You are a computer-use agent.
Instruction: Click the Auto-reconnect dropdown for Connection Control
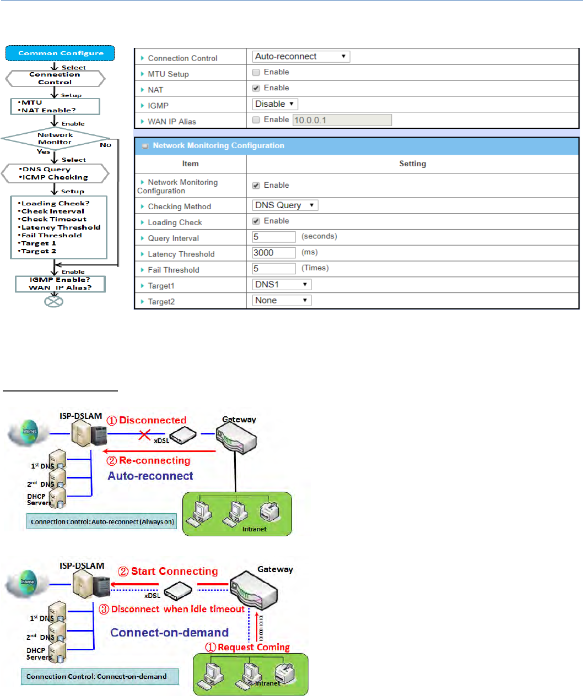pos(301,57)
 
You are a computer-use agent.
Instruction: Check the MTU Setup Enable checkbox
pos(256,72)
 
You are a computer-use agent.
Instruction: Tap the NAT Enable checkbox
pos(256,88)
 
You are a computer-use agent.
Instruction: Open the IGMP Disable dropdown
pos(275,104)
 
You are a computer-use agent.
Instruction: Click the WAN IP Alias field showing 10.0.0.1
pos(342,120)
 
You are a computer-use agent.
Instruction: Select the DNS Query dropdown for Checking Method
pos(285,205)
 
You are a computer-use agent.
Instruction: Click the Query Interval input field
pos(274,237)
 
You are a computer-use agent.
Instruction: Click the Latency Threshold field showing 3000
pos(274,253)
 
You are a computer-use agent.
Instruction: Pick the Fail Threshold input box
pos(274,269)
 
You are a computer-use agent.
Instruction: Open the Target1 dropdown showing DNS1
pos(282,285)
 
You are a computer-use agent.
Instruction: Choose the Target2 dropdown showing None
pos(282,301)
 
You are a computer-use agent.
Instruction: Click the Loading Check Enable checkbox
pos(256,221)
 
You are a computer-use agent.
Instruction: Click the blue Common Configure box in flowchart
pos(60,53)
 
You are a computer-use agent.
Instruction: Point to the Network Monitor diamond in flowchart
pos(55,139)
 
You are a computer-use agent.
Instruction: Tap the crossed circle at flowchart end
pos(54,301)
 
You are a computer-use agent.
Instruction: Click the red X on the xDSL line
pos(144,435)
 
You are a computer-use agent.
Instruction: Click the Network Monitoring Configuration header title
pos(218,146)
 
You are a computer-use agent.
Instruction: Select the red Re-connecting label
pos(154,461)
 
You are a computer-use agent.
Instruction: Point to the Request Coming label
pos(253,648)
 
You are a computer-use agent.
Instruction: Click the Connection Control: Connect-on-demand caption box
pos(100,677)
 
